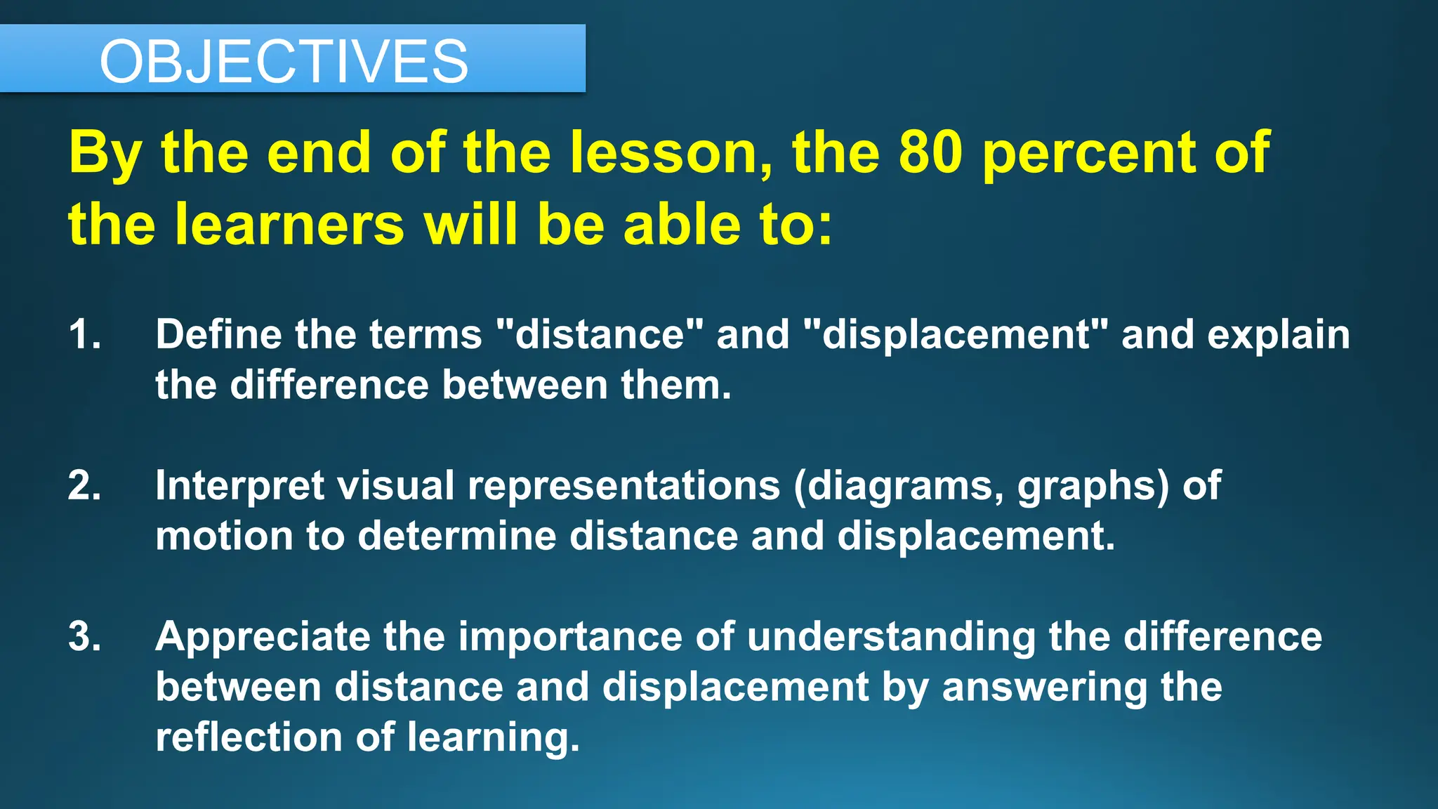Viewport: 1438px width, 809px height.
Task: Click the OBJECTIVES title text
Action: (284, 62)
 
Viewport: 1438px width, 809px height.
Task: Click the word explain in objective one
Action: (1278, 336)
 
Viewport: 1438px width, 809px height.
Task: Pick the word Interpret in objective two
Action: (239, 487)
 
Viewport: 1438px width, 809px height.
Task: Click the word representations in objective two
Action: (624, 487)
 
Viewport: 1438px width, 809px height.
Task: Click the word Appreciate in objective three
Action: (263, 638)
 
